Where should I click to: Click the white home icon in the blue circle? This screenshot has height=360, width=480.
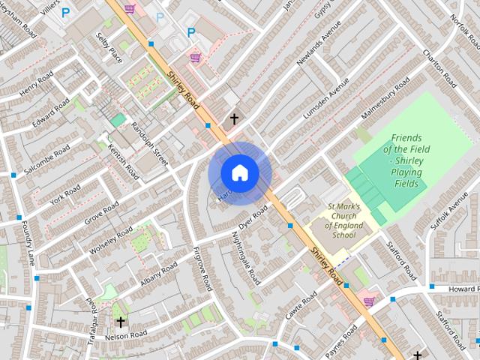coord(239,172)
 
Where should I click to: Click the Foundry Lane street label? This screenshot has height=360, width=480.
coord(28,239)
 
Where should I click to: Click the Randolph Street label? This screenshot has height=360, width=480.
coord(151,140)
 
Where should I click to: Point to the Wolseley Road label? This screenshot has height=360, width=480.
coord(110,238)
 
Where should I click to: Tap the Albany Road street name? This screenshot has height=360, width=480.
coord(158,274)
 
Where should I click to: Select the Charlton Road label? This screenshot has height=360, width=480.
coord(438,66)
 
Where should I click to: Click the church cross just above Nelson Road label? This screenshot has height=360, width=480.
coord(120,322)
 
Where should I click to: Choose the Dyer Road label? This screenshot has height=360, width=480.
coord(253,217)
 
